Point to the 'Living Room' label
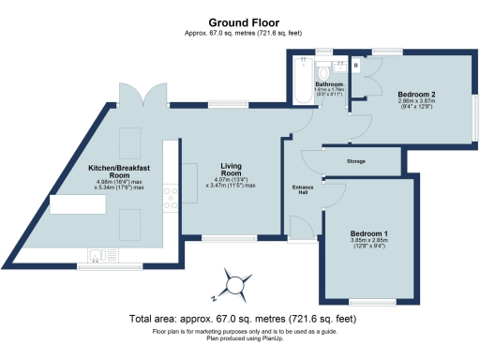232,171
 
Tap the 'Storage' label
355,161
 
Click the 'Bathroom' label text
328,84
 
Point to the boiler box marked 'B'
354,67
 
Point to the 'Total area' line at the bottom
239,319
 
